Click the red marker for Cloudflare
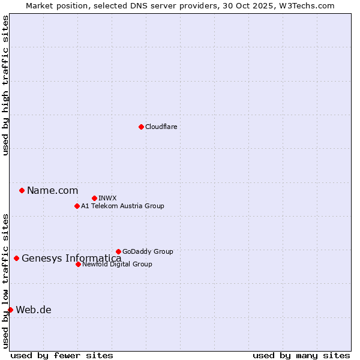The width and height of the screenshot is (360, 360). tap(141, 127)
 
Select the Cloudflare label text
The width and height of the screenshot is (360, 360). tap(161, 127)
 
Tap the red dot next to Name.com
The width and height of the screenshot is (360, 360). tap(22, 190)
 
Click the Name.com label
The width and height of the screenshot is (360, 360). tap(52, 190)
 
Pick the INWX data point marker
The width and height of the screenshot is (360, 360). tap(94, 198)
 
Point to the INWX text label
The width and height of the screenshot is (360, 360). tap(107, 198)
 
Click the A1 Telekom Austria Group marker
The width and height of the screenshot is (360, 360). tap(77, 206)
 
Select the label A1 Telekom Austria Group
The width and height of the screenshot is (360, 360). tap(122, 206)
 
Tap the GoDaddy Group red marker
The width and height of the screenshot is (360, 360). tap(118, 251)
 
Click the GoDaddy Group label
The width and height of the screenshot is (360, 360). tap(148, 251)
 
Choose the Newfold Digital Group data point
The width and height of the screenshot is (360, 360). tap(78, 264)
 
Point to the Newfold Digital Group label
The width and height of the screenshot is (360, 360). tap(117, 264)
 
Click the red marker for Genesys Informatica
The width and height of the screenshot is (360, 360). tap(16, 258)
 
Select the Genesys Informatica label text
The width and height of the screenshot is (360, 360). tap(71, 259)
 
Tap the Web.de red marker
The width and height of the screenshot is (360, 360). tap(10, 310)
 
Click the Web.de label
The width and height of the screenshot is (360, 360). tap(34, 310)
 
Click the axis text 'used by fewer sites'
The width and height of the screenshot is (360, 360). tap(62, 355)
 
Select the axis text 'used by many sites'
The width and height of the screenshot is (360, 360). tap(301, 355)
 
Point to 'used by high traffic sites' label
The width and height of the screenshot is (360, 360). tap(5, 85)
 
